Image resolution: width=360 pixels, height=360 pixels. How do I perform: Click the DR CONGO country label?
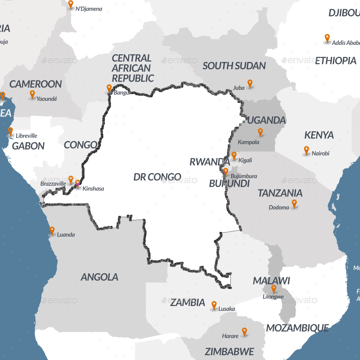pos(157,177)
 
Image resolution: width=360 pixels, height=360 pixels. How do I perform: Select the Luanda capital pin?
pos(52,231)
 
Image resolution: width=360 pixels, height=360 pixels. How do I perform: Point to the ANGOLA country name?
pos(100,277)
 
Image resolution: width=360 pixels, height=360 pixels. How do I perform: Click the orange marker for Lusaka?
pos(214,306)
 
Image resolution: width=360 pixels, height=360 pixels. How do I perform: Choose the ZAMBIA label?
pos(188,302)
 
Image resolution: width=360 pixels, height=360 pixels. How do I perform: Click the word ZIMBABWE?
pos(229,352)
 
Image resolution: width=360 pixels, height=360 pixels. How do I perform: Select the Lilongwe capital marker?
pos(274,289)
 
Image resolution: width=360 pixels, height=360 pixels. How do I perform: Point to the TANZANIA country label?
pos(280,193)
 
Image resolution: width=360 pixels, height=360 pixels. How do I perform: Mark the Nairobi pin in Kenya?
pos(306,150)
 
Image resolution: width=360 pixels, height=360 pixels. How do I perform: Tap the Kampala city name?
pos(248,142)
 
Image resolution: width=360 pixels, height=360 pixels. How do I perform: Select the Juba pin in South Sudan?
pos(250,84)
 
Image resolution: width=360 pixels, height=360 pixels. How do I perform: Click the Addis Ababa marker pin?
pos(327,38)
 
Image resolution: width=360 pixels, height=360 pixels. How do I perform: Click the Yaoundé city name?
pos(47,99)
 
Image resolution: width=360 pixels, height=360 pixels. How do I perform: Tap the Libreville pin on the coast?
pos(10,132)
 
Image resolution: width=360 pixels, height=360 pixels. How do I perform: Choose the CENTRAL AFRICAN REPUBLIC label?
pos(132,68)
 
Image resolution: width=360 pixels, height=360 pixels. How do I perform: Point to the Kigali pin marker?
pos(234,156)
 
